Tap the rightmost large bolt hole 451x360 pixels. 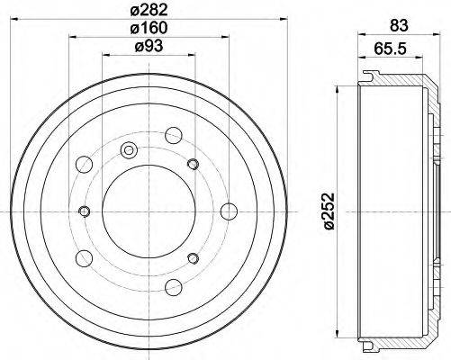(229, 211)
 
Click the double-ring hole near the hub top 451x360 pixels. (129, 150)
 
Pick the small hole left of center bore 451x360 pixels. (85, 211)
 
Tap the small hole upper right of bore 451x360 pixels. (193, 163)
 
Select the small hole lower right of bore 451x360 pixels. (193, 259)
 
